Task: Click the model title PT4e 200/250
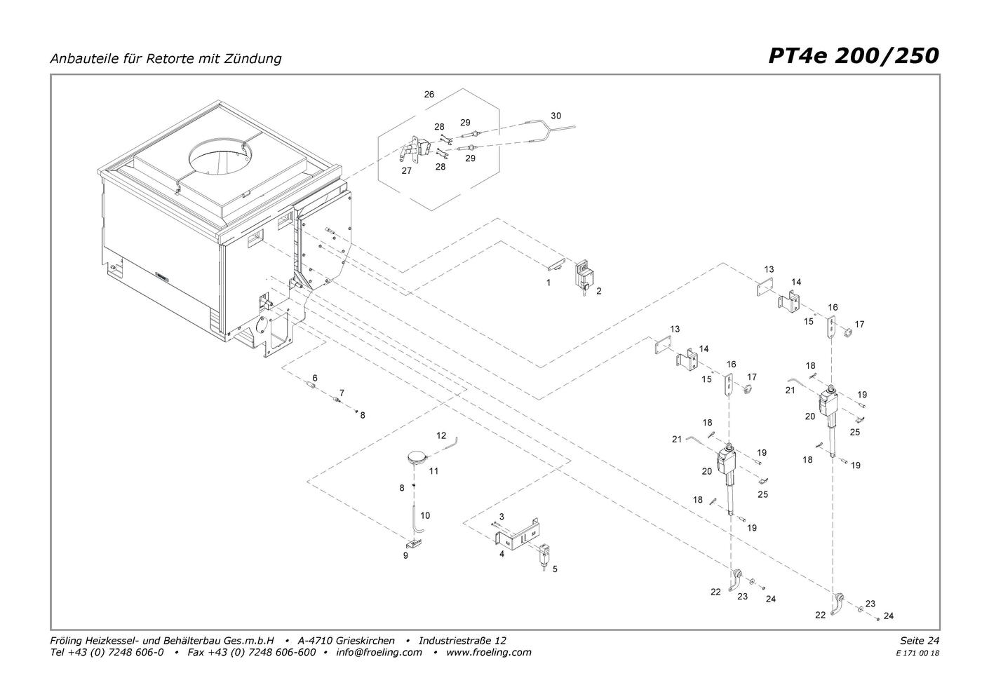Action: pos(853,55)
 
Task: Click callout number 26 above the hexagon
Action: pos(429,94)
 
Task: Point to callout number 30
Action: pos(556,116)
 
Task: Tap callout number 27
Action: pos(407,170)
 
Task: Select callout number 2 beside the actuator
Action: pos(599,290)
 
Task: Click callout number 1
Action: pos(549,283)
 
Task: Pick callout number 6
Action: pos(315,378)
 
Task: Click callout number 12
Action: pos(441,435)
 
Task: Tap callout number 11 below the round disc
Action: pos(434,471)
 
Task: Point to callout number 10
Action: pos(425,515)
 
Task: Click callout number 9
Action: pos(405,555)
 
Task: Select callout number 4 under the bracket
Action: pos(502,554)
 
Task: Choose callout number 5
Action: pos(555,569)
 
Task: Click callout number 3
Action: pos(502,517)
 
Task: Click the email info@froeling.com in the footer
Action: pos(379,652)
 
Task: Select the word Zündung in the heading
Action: pos(255,58)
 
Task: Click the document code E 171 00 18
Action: pos(917,653)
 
